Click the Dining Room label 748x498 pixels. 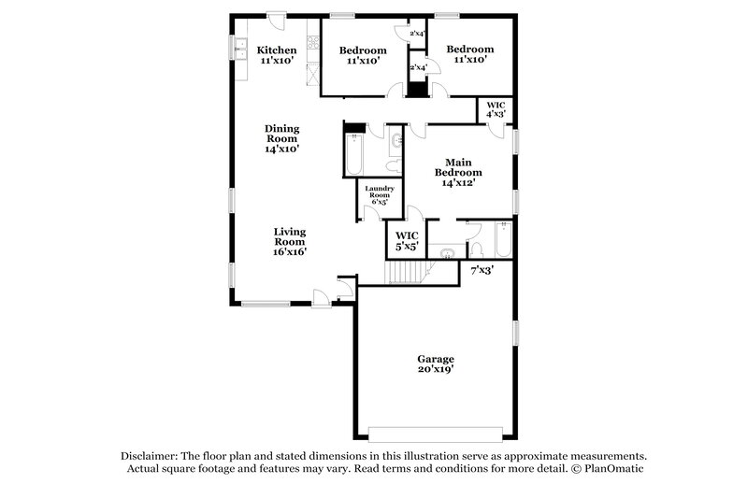pos(281,138)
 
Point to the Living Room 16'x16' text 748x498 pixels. pos(290,241)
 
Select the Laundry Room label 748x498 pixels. pos(380,193)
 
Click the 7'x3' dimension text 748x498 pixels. pos(482,270)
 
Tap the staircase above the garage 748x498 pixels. pos(408,272)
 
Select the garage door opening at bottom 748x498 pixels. pos(435,434)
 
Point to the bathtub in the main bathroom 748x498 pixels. pos(501,240)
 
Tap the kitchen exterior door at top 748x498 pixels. pos(276,17)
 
